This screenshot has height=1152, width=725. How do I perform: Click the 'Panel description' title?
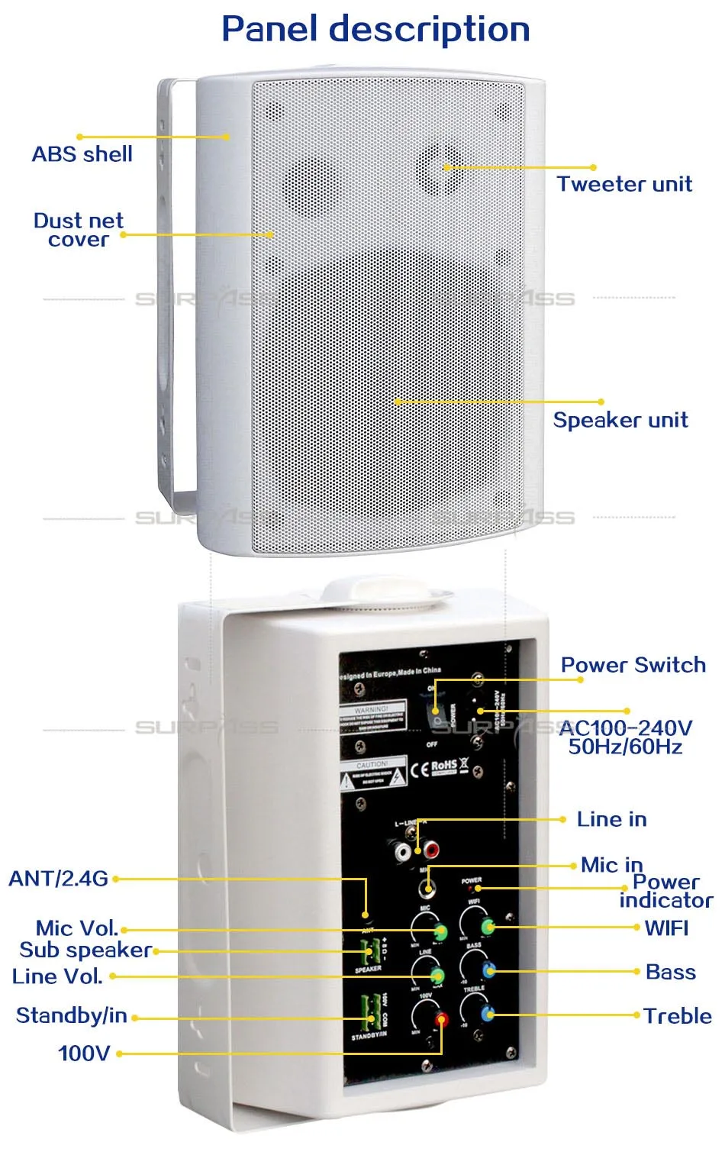point(375,29)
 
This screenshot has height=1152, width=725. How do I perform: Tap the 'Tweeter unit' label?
point(624,184)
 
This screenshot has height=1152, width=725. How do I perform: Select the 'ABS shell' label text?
point(82,154)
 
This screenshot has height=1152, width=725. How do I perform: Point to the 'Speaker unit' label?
point(620,420)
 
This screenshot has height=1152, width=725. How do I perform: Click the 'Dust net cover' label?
point(78,230)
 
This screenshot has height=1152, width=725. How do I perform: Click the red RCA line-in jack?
point(432,848)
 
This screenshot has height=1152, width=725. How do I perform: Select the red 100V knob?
point(441,1019)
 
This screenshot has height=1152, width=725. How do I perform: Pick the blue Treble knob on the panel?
point(488,1014)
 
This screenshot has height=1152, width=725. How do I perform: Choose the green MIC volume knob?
point(440,931)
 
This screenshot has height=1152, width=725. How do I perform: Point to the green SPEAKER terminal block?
point(370,951)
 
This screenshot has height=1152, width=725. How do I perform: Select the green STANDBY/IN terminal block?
point(370,1012)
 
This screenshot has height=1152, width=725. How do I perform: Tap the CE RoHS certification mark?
point(439,766)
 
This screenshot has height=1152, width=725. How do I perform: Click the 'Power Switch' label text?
point(633,665)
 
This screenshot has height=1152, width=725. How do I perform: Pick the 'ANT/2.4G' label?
point(58,879)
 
